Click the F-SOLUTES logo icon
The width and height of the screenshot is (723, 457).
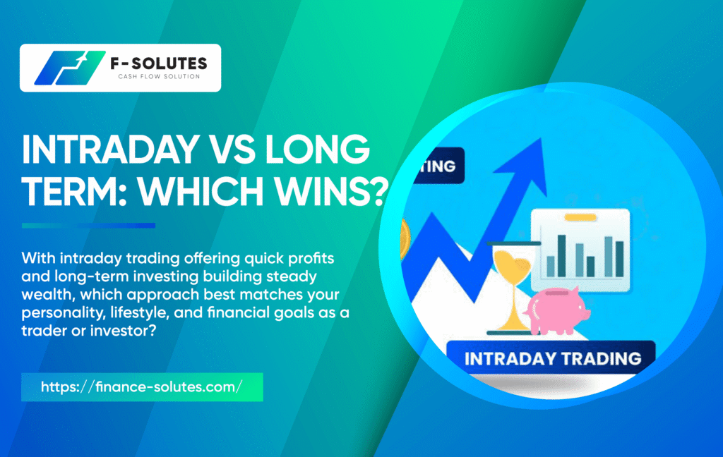[x=70, y=68]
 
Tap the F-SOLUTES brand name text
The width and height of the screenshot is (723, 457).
[x=159, y=63]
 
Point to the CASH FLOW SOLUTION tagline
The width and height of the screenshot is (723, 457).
[x=159, y=76]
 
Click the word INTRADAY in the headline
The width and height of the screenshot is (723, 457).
[x=111, y=150]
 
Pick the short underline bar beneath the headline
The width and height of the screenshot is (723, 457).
[x=88, y=225]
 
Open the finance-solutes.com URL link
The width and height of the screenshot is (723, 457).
[x=141, y=387]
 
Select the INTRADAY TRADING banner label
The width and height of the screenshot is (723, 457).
[x=552, y=358]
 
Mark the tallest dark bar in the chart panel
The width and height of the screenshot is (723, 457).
[x=561, y=256]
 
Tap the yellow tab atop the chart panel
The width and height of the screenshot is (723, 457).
[x=580, y=217]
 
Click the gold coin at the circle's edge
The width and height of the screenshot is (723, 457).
[x=406, y=239]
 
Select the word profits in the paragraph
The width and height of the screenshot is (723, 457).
[x=311, y=259]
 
